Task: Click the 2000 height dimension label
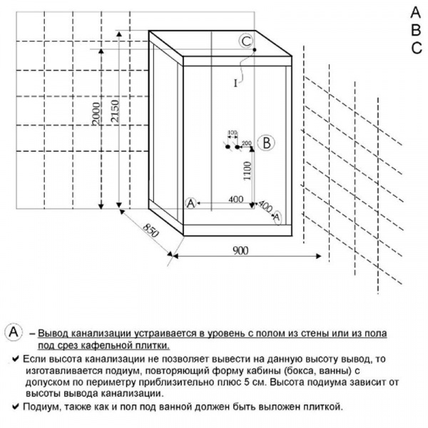coord(96,113)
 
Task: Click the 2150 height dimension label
coord(115,111)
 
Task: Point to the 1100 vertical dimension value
coord(247,171)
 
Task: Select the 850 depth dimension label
coord(151,230)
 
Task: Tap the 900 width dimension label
coord(240,250)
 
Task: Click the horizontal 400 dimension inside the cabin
coord(236,199)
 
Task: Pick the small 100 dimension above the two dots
coord(233,133)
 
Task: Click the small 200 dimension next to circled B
coord(247,143)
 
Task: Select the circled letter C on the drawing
coord(246,41)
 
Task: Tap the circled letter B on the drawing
coord(266,143)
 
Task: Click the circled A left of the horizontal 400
coord(190,203)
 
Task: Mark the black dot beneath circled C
coord(255,50)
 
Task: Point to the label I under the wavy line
coord(235,83)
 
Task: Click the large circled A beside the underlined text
coord(14,332)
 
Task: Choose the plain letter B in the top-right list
coord(416,30)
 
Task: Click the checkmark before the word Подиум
coord(16,407)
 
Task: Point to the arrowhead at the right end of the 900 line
coord(319,256)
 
